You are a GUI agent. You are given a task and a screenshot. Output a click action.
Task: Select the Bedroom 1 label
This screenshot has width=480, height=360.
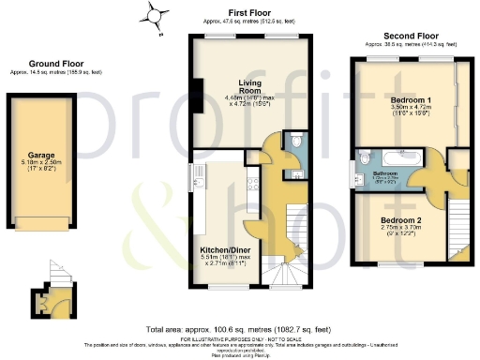click(x=410, y=98)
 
